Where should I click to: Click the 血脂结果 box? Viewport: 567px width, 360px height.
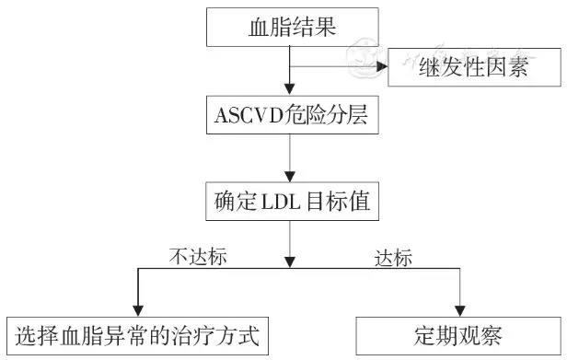click(x=293, y=27)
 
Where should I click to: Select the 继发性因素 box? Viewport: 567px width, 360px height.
click(x=474, y=67)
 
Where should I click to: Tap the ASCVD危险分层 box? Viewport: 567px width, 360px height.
click(x=293, y=115)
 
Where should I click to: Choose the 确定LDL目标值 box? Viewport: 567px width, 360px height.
click(x=292, y=201)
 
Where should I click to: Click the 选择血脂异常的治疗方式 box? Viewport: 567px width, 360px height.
click(x=137, y=336)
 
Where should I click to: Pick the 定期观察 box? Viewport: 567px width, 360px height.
click(x=458, y=336)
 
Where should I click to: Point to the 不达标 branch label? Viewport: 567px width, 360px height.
click(x=198, y=257)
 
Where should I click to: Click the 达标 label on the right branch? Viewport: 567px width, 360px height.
click(x=393, y=258)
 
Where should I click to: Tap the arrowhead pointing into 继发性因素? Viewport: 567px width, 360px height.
click(x=382, y=66)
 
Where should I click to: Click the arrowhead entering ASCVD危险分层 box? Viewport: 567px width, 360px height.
click(x=290, y=89)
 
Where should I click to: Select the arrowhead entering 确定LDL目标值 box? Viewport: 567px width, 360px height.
click(x=290, y=176)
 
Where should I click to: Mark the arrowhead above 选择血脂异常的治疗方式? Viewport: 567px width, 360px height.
click(x=138, y=310)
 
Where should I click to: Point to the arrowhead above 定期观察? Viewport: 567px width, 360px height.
click(x=459, y=311)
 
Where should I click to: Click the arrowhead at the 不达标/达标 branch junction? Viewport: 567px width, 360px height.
click(x=290, y=262)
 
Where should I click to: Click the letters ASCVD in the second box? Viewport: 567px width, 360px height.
click(x=249, y=115)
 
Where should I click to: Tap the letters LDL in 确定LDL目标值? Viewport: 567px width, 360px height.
click(x=281, y=202)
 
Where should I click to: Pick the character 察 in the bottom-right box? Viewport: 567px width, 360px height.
click(x=491, y=336)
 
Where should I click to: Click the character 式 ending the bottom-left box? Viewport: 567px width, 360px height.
click(x=249, y=336)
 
